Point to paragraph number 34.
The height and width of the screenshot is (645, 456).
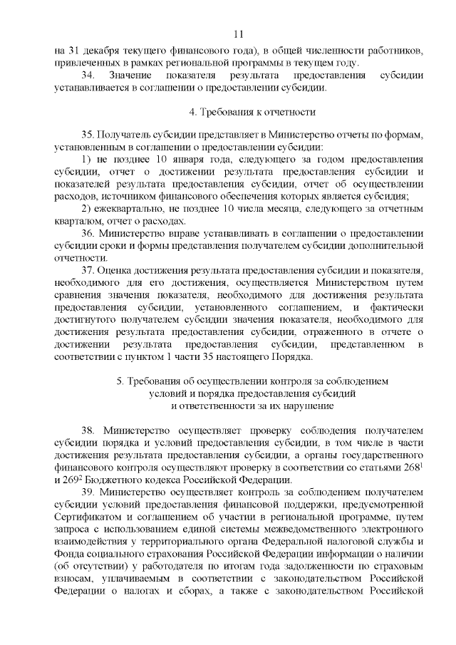point(88,76)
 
